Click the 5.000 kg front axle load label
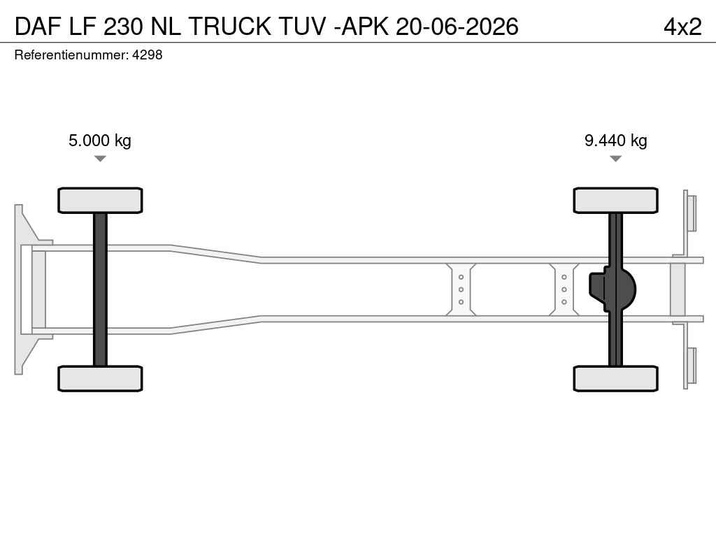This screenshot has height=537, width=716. (x=99, y=141)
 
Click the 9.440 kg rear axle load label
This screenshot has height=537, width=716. (x=615, y=141)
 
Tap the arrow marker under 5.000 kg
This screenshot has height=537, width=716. (x=100, y=159)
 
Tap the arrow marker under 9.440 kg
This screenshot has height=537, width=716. (x=615, y=159)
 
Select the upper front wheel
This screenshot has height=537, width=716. (x=100, y=201)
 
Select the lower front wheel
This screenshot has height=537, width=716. (x=100, y=378)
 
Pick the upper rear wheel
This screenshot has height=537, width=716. (x=615, y=201)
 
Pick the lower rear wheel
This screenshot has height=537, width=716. (x=615, y=378)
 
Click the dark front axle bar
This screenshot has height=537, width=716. (x=100, y=289)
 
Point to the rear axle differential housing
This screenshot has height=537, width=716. (x=612, y=289)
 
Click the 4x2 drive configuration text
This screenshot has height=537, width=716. (x=682, y=27)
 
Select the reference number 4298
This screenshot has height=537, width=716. (x=147, y=55)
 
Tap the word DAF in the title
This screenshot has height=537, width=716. (x=38, y=27)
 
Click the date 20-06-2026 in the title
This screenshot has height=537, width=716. (x=457, y=27)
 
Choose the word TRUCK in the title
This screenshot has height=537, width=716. (x=229, y=27)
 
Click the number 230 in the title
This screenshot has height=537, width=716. (x=123, y=27)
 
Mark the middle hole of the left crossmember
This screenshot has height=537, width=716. (x=461, y=289)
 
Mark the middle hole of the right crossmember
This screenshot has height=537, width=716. (x=564, y=289)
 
